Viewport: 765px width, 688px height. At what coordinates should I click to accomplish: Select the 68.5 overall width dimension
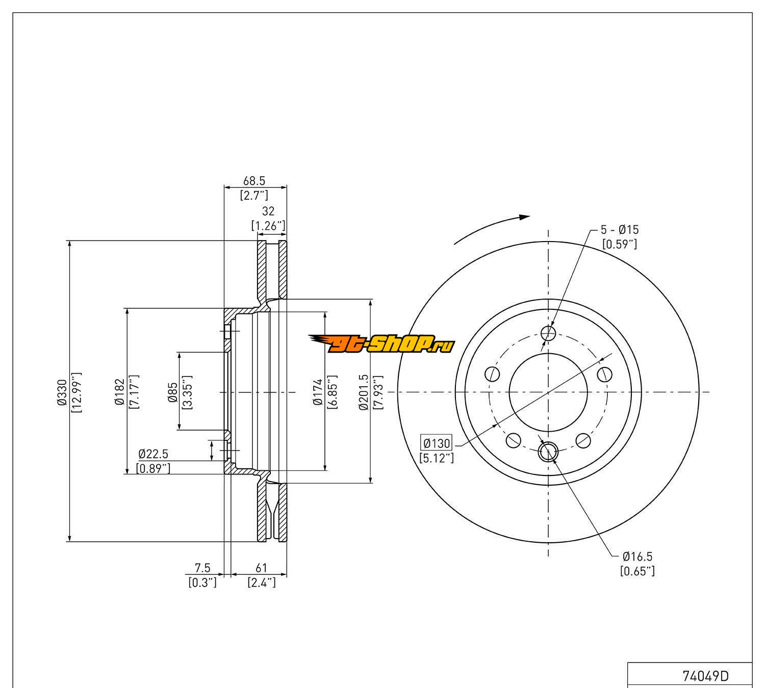[x=255, y=181]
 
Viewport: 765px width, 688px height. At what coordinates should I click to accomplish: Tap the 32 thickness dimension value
[x=268, y=211]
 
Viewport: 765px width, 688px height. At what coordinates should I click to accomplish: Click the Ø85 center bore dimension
[x=173, y=391]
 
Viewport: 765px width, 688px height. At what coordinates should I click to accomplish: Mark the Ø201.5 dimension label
[x=363, y=391]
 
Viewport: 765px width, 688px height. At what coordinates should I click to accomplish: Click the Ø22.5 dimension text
[x=153, y=454]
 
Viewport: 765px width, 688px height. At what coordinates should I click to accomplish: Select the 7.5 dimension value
[x=202, y=568]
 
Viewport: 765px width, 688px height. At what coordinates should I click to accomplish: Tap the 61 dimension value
[x=261, y=568]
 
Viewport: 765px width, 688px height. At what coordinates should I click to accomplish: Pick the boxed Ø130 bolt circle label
[x=437, y=442]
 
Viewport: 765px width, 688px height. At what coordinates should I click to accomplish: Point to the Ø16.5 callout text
[x=637, y=557]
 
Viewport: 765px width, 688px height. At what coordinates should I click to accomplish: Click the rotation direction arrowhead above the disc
[x=524, y=217]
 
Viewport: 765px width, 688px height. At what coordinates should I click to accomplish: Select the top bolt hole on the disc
[x=548, y=334]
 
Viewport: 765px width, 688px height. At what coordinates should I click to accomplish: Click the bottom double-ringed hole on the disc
[x=548, y=451]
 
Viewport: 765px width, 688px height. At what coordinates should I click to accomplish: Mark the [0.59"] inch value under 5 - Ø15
[x=619, y=244]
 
